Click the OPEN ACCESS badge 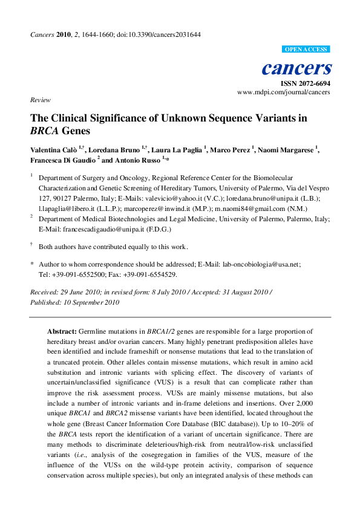[306, 50]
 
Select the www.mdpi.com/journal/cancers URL [284, 92]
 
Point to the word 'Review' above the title [40, 100]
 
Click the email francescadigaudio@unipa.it [120, 230]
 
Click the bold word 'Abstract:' [62, 332]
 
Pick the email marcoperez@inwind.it [165, 208]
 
